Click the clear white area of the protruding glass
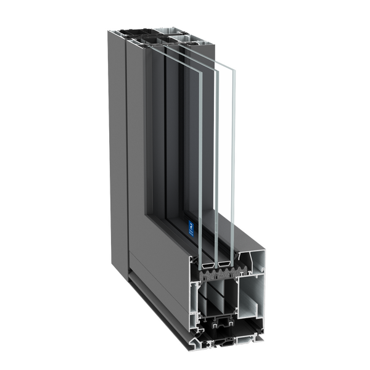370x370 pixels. pos(225,154)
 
